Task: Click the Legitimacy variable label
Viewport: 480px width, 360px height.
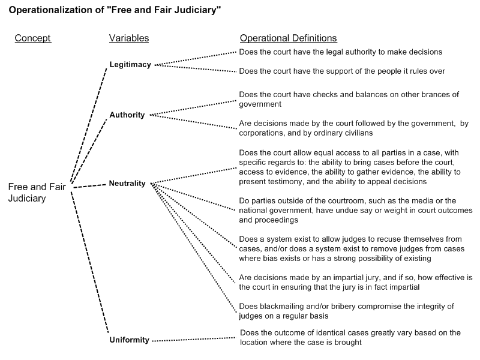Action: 130,64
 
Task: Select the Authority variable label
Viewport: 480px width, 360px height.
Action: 127,115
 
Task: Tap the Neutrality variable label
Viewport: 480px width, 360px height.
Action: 127,184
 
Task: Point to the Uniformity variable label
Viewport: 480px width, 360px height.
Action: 129,340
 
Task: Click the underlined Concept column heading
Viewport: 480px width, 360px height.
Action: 32,38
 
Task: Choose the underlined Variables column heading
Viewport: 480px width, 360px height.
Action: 128,38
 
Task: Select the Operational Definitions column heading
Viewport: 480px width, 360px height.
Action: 288,38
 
